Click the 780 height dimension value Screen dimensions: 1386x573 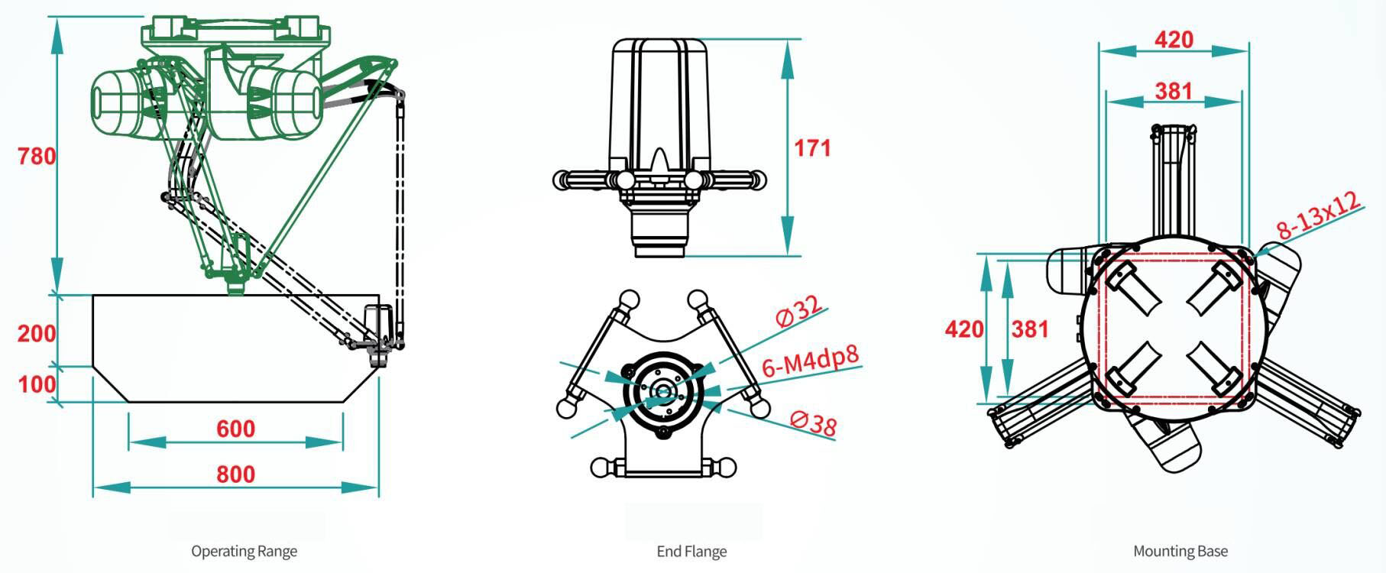(37, 157)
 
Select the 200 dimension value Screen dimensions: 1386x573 (37, 333)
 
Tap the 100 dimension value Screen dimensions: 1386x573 (37, 383)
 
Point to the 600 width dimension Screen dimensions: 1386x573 (235, 429)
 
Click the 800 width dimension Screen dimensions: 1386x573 (235, 474)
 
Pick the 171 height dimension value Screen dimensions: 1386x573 (812, 147)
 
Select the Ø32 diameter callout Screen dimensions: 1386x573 (799, 310)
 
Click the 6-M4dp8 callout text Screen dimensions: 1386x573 (811, 360)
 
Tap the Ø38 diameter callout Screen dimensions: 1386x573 (814, 422)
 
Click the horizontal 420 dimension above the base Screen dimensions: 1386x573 (1174, 39)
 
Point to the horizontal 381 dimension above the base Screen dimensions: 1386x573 (1174, 91)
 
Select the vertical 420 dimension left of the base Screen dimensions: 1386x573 (964, 329)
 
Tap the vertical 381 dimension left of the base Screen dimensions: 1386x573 (1030, 329)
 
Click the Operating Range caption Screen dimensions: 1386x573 (244, 551)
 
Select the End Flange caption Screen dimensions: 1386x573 (691, 551)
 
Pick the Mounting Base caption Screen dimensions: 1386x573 (1180, 551)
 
